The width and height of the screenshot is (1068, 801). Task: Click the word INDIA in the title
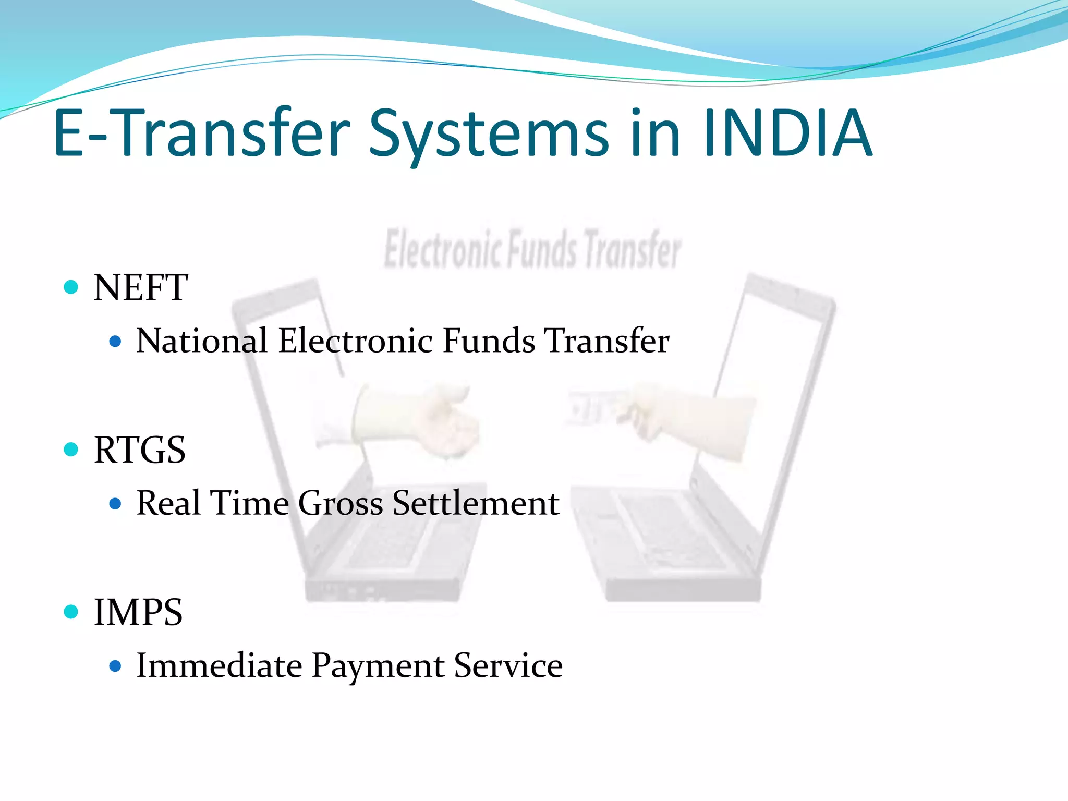[x=787, y=133]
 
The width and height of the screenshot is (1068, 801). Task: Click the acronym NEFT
[x=141, y=288]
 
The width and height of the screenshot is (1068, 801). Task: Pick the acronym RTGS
[x=140, y=450]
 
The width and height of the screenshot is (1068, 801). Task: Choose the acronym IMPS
[x=138, y=612]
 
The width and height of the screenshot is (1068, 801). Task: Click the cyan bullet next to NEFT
[x=71, y=287]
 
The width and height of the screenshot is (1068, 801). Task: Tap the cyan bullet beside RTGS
[x=71, y=449]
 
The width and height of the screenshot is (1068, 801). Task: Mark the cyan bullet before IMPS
[x=71, y=611]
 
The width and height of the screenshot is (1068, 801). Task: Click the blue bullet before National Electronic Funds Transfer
[x=116, y=342]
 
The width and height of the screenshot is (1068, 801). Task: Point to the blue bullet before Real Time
[x=116, y=504]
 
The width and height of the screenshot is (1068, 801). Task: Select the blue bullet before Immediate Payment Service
[x=116, y=666]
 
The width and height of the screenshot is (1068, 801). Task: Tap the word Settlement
[x=476, y=503]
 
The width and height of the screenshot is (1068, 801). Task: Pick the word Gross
[x=341, y=503]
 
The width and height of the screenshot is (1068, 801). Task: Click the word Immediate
[x=219, y=666]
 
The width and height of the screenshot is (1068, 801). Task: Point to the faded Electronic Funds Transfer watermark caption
[x=532, y=249]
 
